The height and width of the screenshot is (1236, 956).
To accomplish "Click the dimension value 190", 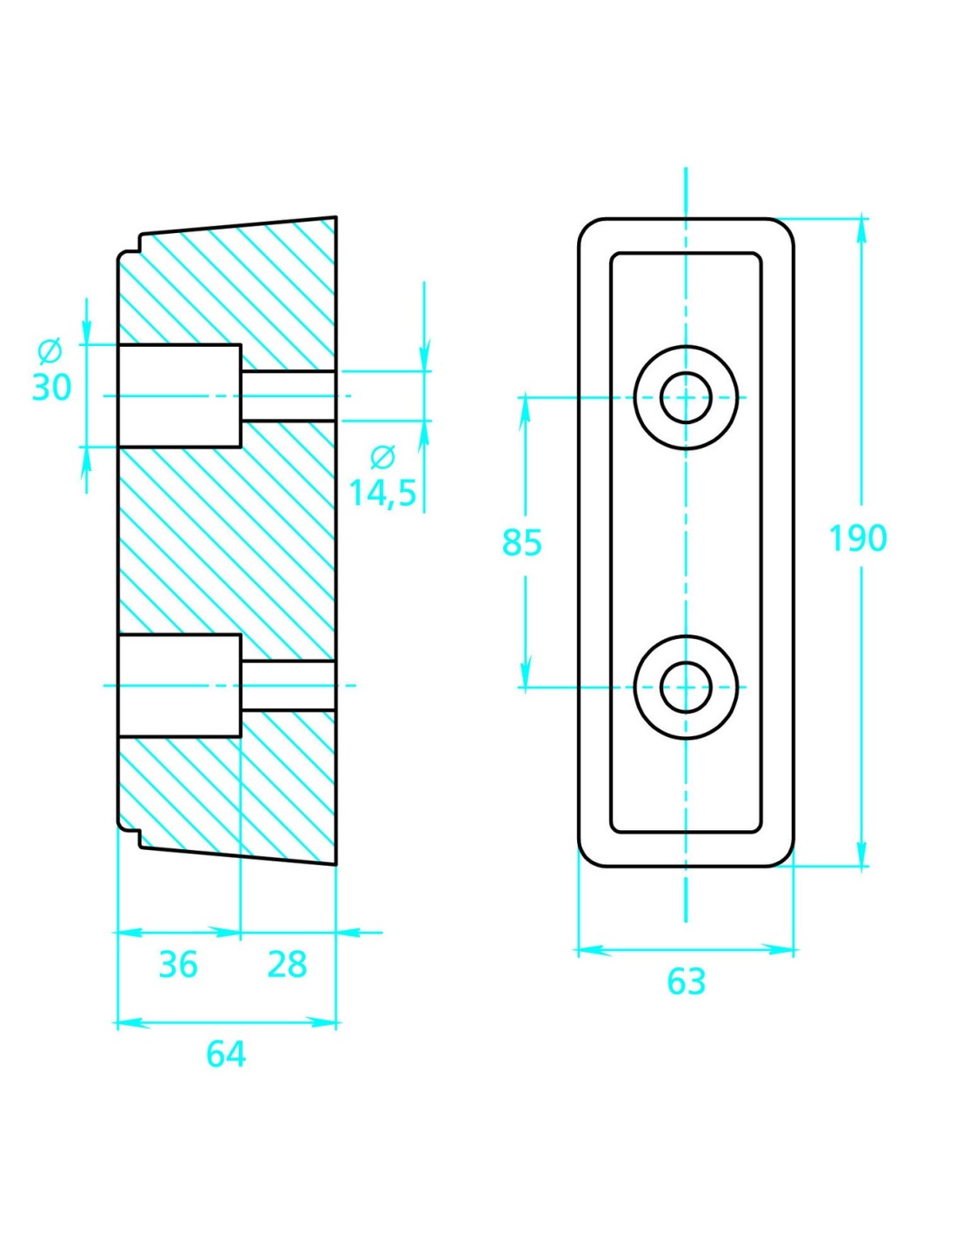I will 857,539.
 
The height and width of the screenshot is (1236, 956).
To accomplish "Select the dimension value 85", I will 521,542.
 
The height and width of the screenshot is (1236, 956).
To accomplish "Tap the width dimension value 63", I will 686,981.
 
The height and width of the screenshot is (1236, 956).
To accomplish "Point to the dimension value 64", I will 226,1053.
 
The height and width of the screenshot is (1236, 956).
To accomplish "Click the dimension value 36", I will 178,964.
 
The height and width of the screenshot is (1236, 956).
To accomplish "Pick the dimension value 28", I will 287,964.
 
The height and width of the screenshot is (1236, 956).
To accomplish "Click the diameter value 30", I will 51,387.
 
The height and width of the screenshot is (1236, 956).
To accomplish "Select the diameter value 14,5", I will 382,493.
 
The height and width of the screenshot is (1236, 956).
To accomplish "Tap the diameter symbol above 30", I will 50,352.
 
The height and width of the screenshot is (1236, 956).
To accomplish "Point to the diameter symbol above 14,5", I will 382,456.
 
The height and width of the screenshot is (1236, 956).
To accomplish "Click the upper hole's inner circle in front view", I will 686,397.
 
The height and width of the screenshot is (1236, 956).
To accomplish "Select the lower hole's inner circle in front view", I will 686,687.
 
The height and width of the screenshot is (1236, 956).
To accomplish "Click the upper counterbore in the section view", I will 179,396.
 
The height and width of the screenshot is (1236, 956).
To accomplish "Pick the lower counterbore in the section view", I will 179,686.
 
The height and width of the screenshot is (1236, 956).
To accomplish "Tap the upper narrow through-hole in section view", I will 288,396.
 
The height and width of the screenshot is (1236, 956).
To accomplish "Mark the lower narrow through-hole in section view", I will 288,686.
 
